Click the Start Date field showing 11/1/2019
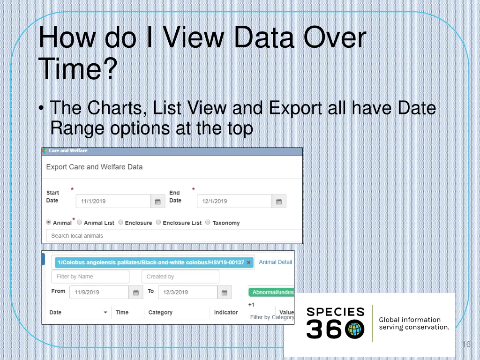click(112, 202)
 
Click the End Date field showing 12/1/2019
click(234, 202)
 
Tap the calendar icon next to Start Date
click(157, 202)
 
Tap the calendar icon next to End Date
click(279, 202)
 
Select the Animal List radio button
click(79, 223)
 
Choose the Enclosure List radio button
click(158, 223)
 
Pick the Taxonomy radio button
click(208, 223)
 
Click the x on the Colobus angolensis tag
click(248, 262)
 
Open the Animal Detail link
click(276, 262)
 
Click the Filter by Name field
click(83, 277)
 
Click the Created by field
click(180, 277)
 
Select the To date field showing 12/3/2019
click(187, 292)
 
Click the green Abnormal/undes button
click(271, 292)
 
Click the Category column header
click(160, 312)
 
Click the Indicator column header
click(226, 312)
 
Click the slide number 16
click(465, 345)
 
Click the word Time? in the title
click(77, 68)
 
